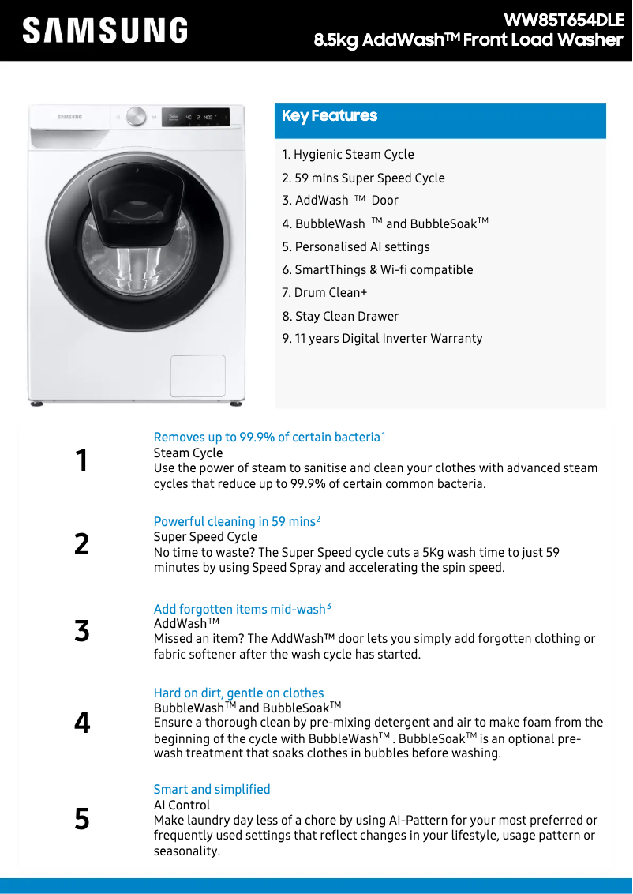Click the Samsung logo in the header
pos(105,30)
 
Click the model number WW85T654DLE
pos(564,20)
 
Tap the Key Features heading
pos(330,116)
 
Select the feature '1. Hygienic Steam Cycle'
pos(348,155)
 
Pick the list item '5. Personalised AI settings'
pos(356,246)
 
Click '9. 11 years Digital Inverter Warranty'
pos(382,339)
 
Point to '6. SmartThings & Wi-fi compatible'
pos(377,270)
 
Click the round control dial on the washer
pos(136,117)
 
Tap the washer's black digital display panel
pos(196,118)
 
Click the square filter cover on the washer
pos(198,376)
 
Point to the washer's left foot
pos(37,404)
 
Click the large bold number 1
pos(81,460)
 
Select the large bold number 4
pos(81,723)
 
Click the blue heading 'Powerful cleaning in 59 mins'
pos(234,522)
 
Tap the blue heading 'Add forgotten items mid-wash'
pos(240,610)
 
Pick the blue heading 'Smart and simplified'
pos(212,790)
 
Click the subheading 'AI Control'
pos(182,806)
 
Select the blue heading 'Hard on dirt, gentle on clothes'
pos(238,693)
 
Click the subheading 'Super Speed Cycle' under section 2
pos(205,537)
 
